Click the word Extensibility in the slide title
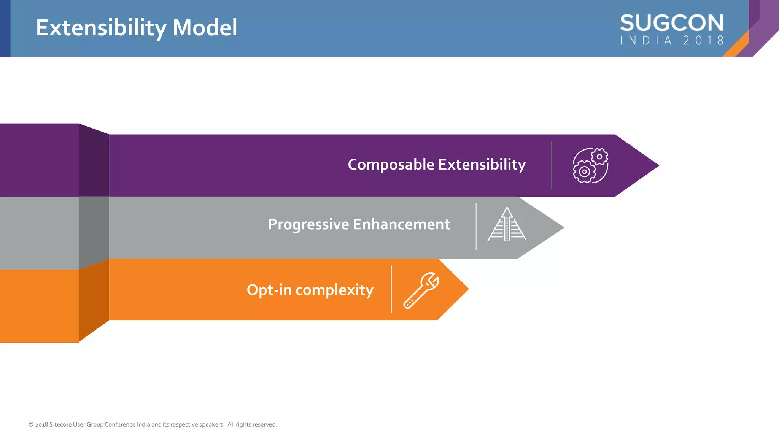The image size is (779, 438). pos(101,28)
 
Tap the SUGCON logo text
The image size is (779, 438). pos(672,23)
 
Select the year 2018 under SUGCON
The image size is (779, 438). pos(703,41)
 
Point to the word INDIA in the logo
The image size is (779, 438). pos(646,41)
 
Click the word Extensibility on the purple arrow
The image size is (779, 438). pos(482,165)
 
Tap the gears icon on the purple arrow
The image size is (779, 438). pos(590,166)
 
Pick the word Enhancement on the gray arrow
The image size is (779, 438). pos(401,224)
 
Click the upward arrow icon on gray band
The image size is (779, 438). pos(507,224)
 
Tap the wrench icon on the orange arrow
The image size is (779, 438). pos(421,290)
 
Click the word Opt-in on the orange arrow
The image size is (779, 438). pos(269,290)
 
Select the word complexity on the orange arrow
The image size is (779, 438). pos(334,290)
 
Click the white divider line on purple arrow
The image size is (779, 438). pos(552,165)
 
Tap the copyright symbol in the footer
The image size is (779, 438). pos(31,425)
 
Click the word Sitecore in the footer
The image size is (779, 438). pos(60,425)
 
